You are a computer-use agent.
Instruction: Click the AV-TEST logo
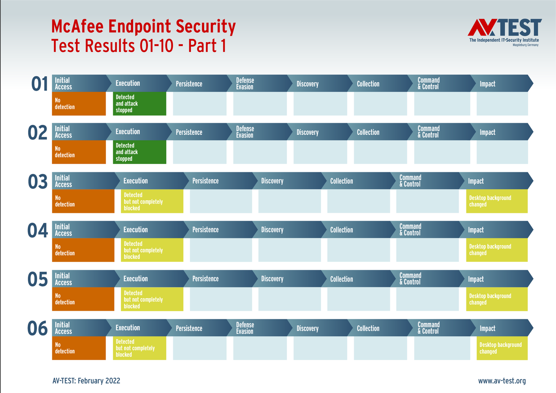pos(504,32)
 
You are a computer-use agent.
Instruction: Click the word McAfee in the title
pos(77,26)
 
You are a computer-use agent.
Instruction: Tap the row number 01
pos(39,84)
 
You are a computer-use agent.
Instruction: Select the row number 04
pos(37,230)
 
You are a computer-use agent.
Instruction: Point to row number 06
pos(37,328)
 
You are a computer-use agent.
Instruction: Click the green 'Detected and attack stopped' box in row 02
pos(139,152)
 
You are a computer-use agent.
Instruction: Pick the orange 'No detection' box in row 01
pos(79,103)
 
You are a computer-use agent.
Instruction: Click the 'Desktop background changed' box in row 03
pos(497,201)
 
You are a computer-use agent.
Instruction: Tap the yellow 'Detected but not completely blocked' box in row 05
pos(152,299)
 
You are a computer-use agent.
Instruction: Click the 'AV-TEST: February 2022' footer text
pos(86,381)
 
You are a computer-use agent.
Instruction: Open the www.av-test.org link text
pos(502,381)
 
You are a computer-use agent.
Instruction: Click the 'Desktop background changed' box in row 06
pos(502,348)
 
